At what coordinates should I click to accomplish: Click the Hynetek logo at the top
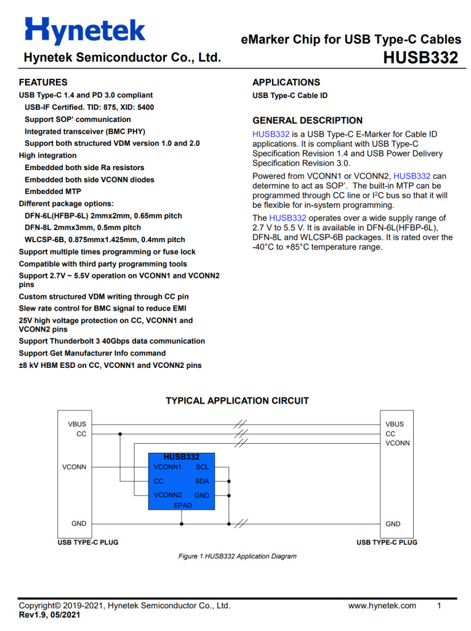pyautogui.click(x=85, y=30)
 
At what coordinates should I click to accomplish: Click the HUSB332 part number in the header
pyautogui.click(x=421, y=58)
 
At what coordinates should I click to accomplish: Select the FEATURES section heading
pyautogui.click(x=43, y=82)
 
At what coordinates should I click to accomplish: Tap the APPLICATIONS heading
pyautogui.click(x=286, y=82)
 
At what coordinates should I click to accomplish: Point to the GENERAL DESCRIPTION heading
pyautogui.click(x=307, y=120)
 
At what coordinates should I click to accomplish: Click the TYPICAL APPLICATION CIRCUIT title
pyautogui.click(x=237, y=401)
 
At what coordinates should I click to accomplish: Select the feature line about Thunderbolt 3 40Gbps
pyautogui.click(x=112, y=341)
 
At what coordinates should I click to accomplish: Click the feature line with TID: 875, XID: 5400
pyautogui.click(x=89, y=107)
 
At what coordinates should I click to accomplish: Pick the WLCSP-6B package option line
pyautogui.click(x=105, y=240)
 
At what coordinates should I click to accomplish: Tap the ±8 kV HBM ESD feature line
pyautogui.click(x=110, y=365)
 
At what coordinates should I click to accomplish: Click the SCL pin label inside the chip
pyautogui.click(x=202, y=467)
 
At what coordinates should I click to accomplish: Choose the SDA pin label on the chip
pyautogui.click(x=202, y=481)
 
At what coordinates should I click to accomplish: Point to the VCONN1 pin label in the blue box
pyautogui.click(x=167, y=467)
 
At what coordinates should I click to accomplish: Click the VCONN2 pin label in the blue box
pyautogui.click(x=167, y=495)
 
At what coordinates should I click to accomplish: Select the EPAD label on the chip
pyautogui.click(x=182, y=505)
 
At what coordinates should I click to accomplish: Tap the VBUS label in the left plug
pyautogui.click(x=77, y=424)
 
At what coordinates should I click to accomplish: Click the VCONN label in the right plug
pyautogui.click(x=397, y=443)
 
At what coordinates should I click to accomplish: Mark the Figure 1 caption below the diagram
pyautogui.click(x=237, y=556)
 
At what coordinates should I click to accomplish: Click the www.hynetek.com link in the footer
pyautogui.click(x=382, y=606)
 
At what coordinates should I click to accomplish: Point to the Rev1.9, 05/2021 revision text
pyautogui.click(x=49, y=615)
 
